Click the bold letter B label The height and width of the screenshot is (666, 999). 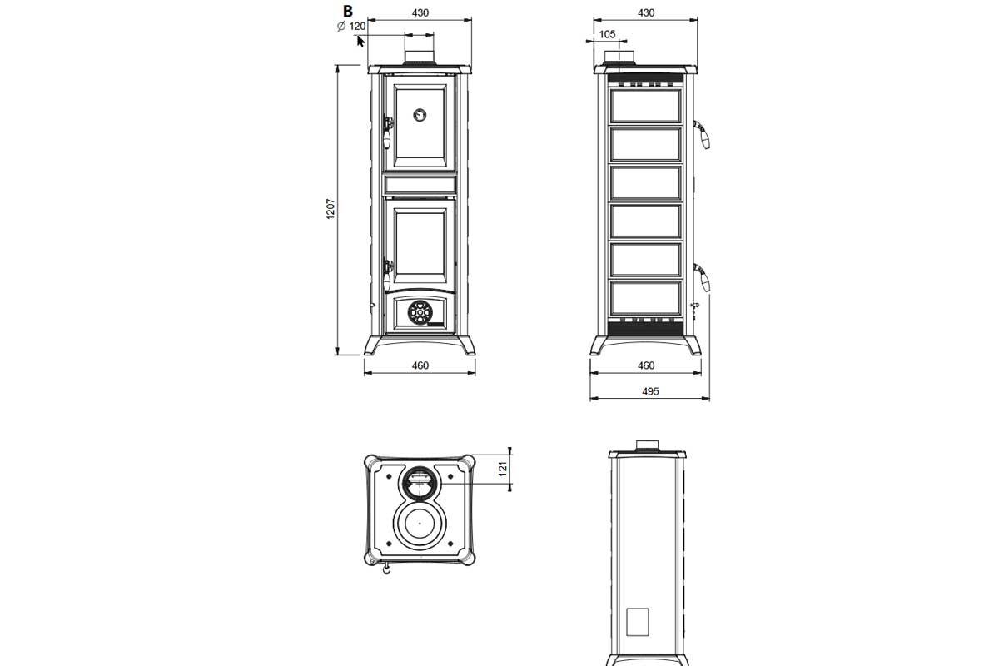347,11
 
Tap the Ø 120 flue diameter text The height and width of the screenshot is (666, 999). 351,27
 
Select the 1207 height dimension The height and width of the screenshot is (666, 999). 331,209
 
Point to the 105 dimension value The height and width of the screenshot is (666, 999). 607,34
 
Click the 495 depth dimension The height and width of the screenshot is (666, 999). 650,391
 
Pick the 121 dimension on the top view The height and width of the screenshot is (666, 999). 503,469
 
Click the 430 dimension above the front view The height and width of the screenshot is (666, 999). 420,13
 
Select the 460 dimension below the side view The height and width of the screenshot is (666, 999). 646,365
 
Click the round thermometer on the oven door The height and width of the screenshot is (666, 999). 420,115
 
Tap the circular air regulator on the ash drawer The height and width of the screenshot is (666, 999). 420,312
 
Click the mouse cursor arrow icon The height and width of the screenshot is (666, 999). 360,42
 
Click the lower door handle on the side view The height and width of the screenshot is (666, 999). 702,277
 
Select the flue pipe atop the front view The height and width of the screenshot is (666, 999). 420,57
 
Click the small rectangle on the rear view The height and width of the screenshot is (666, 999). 638,622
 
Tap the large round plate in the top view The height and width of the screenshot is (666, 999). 420,524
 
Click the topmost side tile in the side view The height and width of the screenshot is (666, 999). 646,106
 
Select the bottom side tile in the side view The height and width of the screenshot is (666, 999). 646,298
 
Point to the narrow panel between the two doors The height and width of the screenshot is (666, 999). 420,185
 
